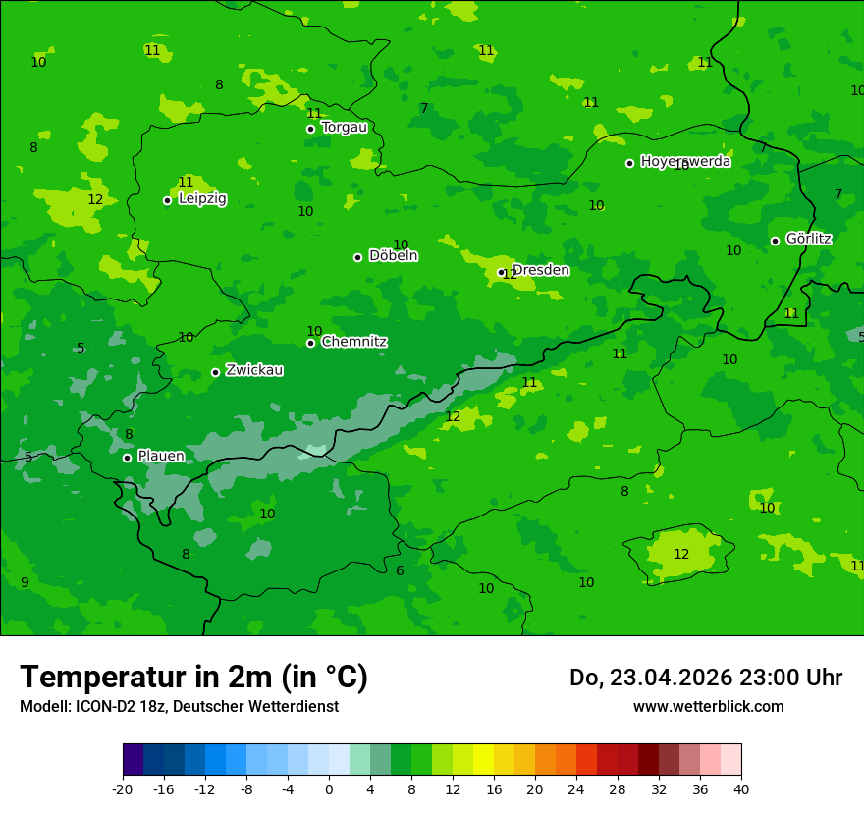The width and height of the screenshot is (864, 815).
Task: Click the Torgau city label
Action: coord(344,127)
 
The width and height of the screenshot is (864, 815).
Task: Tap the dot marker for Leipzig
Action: coord(167,200)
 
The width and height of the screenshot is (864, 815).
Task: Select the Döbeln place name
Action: coord(393,256)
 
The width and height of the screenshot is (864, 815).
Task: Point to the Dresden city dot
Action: coord(501,272)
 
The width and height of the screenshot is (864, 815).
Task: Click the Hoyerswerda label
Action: coord(685,161)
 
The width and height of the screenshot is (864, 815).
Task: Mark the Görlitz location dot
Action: coord(775,241)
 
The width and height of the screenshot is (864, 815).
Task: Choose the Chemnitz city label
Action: coord(353,342)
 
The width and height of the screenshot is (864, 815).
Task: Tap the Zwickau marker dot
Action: coord(215,372)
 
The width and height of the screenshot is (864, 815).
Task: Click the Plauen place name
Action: coord(160,456)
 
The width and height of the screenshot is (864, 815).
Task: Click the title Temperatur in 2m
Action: coord(193,677)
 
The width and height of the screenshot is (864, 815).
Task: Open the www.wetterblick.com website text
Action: coord(708,706)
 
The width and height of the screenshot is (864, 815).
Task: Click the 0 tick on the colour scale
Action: coord(329,788)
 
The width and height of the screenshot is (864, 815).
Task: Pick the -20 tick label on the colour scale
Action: coord(123,788)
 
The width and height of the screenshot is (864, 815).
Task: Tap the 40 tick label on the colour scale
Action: coord(741,788)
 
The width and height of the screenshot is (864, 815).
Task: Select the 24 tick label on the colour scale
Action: coord(576,788)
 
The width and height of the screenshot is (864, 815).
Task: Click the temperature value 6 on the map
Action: coord(400,570)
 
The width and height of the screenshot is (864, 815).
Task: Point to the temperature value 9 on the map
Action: coord(25,582)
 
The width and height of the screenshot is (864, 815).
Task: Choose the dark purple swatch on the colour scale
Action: coord(133,760)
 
